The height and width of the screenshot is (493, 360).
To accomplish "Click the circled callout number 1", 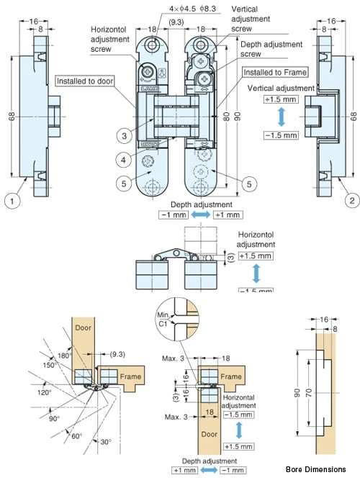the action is pos(12,201).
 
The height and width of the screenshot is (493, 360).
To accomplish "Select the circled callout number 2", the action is pos(352,200).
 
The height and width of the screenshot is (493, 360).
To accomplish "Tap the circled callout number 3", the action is pos(124,136).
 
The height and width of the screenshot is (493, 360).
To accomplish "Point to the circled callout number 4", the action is pos(124,160).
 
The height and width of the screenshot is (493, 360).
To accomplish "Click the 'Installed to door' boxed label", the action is pos(85,81).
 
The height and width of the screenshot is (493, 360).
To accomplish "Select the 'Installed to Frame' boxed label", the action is pos(275,72).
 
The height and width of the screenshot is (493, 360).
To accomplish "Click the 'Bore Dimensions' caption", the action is pos(315,469).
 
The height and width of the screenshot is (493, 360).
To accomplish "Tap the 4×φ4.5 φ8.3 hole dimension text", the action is pos(192,9).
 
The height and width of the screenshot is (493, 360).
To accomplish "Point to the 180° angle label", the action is pos(65,356).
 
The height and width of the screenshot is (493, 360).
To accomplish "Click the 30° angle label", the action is pos(106,442).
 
